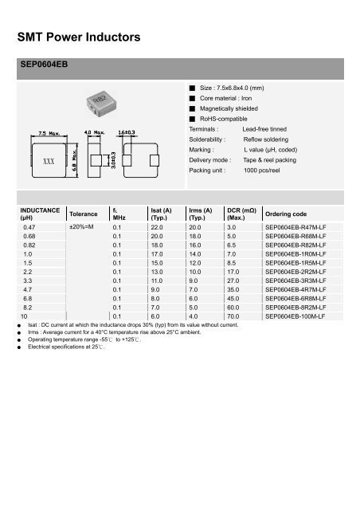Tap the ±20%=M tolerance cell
[83, 227]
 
